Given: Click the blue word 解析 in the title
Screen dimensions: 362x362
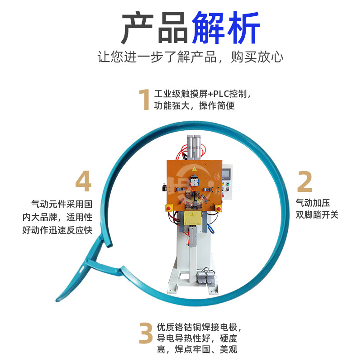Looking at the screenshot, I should tap(226, 28).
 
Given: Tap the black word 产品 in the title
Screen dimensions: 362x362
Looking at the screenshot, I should tap(154, 28).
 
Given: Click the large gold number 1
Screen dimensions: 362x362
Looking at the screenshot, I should tap(144, 100).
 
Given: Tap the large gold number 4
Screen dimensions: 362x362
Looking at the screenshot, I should tap(83, 182).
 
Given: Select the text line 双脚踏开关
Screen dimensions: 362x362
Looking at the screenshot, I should tap(317, 214).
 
